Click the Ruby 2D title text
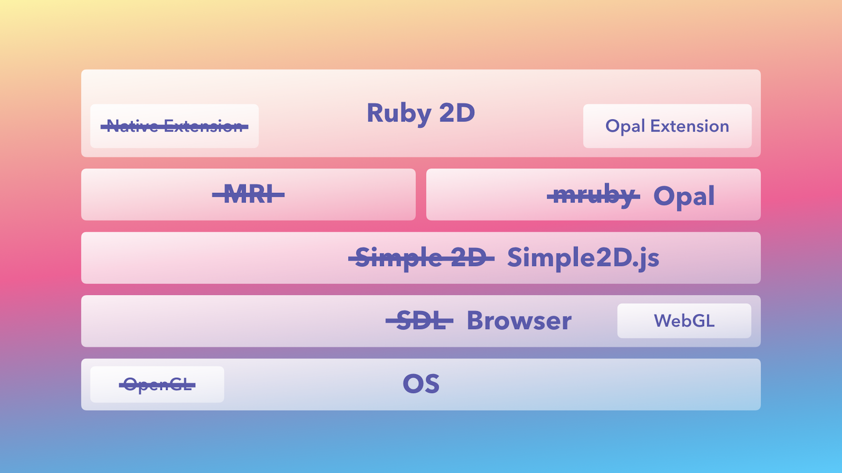pyautogui.click(x=420, y=113)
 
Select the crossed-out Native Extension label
pyautogui.click(x=174, y=126)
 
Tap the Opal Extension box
pyautogui.click(x=667, y=126)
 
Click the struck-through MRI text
pyautogui.click(x=248, y=194)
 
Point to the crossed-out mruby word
pyautogui.click(x=593, y=196)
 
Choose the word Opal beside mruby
pyautogui.click(x=684, y=196)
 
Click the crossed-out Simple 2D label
pyautogui.click(x=421, y=258)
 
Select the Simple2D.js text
pyautogui.click(x=583, y=258)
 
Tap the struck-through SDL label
pyautogui.click(x=419, y=321)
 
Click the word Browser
pyautogui.click(x=519, y=321)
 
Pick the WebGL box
pyautogui.click(x=684, y=321)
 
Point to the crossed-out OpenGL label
pyautogui.click(x=157, y=385)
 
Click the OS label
pyautogui.click(x=421, y=384)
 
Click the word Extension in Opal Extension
pyautogui.click(x=689, y=126)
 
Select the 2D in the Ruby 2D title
pyautogui.click(x=457, y=113)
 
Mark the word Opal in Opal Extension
pyautogui.click(x=625, y=127)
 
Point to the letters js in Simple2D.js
pyautogui.click(x=649, y=259)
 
